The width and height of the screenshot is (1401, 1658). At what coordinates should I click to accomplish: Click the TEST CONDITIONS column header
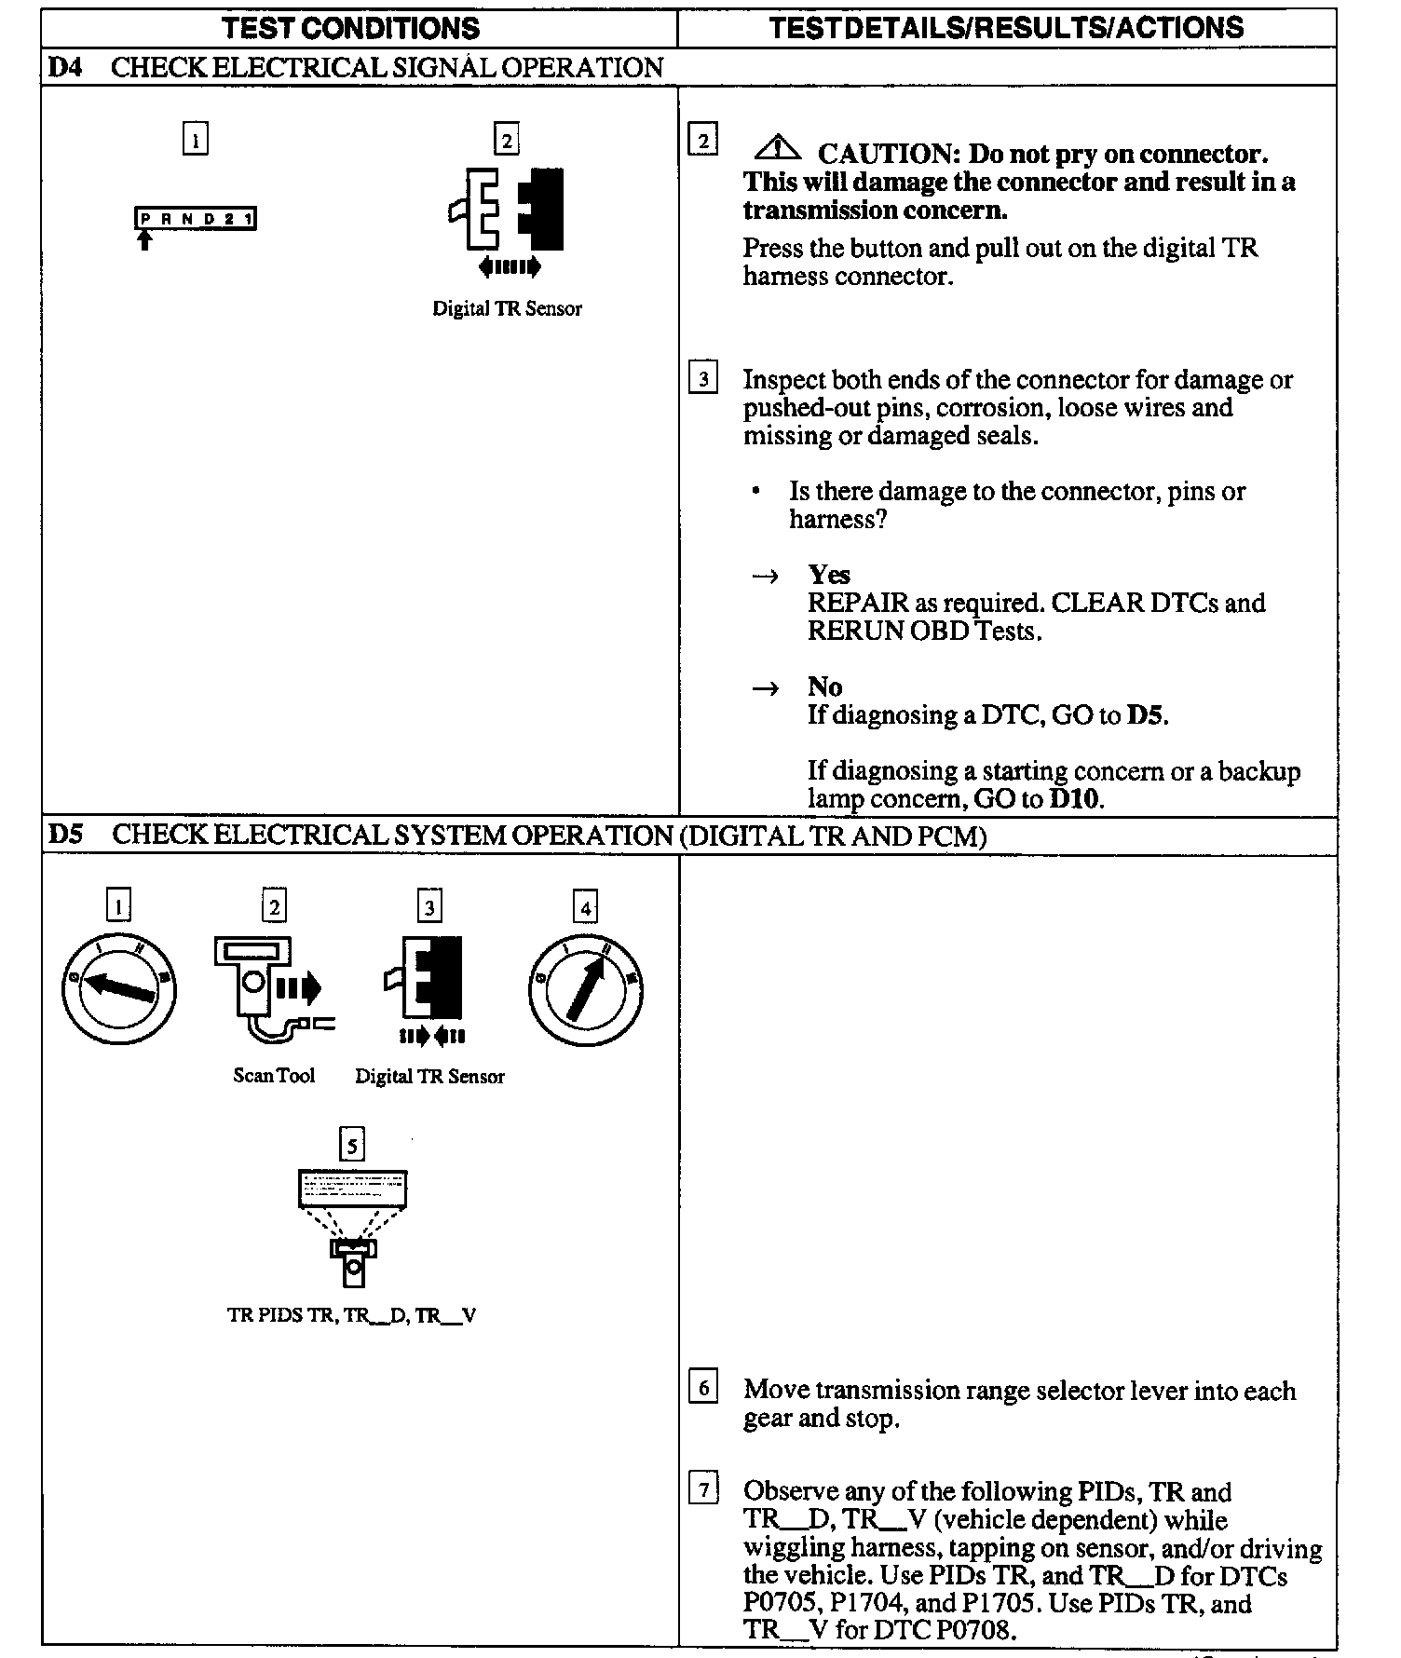point(351,28)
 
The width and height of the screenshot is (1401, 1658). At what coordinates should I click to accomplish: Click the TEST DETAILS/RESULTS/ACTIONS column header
point(1006,28)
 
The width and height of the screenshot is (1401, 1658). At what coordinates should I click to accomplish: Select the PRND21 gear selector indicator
point(196,220)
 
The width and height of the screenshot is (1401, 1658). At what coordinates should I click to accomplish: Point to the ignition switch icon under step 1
point(118,989)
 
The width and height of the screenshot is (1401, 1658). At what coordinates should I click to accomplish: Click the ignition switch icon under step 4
point(586,989)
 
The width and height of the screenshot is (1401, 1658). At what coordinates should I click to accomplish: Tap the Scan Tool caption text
point(274,1076)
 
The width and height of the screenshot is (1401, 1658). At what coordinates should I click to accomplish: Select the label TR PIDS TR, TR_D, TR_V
point(352,1316)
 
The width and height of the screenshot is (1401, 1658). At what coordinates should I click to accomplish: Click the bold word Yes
point(829,575)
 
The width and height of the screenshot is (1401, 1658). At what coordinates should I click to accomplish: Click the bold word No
point(825,687)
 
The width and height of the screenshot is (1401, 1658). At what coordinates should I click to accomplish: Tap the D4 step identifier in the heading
point(64,68)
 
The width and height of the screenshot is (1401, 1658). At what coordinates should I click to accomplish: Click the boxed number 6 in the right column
point(703,1389)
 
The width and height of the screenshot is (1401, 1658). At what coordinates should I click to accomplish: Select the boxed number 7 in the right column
point(703,1490)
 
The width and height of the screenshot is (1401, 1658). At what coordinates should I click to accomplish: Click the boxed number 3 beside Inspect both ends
point(703,379)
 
